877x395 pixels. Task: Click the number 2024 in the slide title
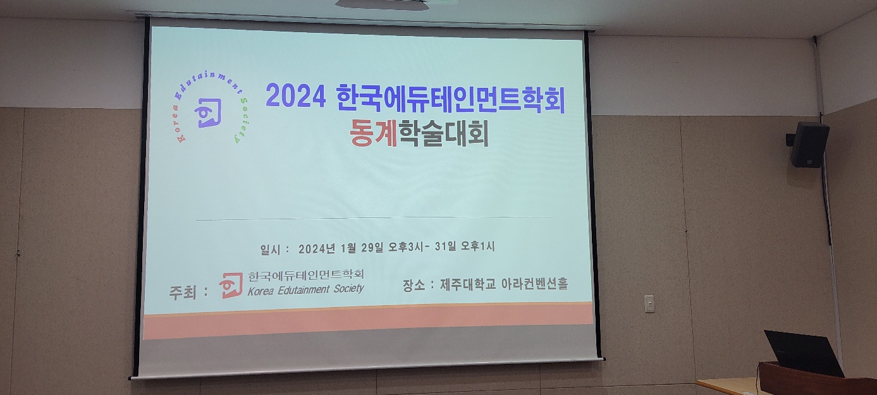(x=296, y=95)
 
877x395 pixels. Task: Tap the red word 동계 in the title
(x=374, y=132)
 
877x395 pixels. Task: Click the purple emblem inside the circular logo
(x=208, y=112)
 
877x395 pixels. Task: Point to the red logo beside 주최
(x=231, y=286)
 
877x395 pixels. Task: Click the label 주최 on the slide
(x=183, y=292)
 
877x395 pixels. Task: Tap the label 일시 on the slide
(x=270, y=250)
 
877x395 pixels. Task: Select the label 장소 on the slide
(x=414, y=284)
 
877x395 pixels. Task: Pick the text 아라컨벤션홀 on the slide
(x=534, y=283)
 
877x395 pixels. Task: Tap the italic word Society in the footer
(x=349, y=289)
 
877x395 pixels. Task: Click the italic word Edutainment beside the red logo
(x=304, y=290)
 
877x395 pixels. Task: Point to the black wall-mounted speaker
(x=809, y=145)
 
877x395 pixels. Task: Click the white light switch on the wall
(x=649, y=303)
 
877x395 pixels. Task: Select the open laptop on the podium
(x=804, y=353)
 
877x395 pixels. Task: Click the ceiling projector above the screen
(x=382, y=4)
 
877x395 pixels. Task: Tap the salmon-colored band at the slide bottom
(x=368, y=321)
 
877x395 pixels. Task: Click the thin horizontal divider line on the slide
(x=374, y=217)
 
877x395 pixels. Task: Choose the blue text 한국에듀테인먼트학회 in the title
(x=450, y=98)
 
